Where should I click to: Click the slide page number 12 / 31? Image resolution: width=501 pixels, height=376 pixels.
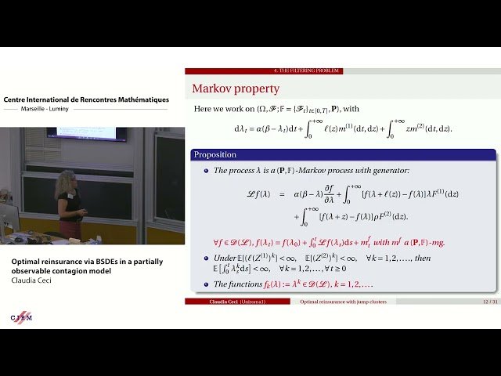[490, 302]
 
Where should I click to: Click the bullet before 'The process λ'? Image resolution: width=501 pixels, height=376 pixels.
[207, 170]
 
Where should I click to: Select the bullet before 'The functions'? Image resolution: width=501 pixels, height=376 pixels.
[207, 284]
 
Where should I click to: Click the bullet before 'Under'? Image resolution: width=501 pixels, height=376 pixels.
[207, 258]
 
